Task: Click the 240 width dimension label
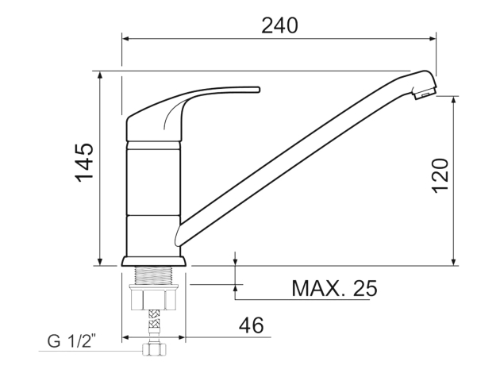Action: pyautogui.click(x=279, y=26)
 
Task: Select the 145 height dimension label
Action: pyautogui.click(x=85, y=163)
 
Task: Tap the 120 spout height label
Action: pyautogui.click(x=440, y=175)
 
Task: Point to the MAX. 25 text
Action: pyautogui.click(x=334, y=288)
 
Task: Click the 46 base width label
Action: pyautogui.click(x=252, y=325)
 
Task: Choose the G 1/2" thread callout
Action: pyautogui.click(x=71, y=340)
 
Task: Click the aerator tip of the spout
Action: pyautogui.click(x=425, y=93)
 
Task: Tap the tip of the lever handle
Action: pyautogui.click(x=259, y=89)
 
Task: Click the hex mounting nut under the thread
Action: pyautogui.click(x=153, y=297)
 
